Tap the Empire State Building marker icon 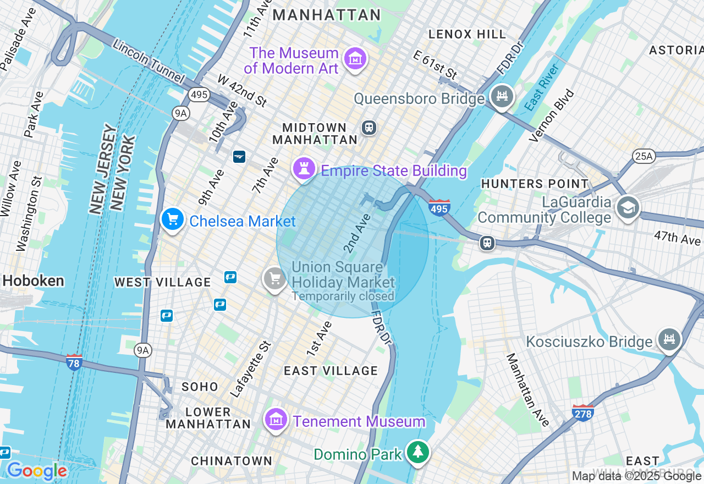(x=303, y=168)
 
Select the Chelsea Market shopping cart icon (x=173, y=219)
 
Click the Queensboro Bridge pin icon (x=502, y=97)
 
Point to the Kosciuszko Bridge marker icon (x=669, y=340)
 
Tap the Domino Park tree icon (x=418, y=452)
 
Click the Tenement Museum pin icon (x=276, y=420)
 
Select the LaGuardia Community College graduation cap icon (x=628, y=207)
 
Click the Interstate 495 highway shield (x=439, y=208)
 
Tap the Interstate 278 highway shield (x=583, y=413)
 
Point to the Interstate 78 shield (x=74, y=362)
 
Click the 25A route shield (x=643, y=156)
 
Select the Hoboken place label (x=33, y=281)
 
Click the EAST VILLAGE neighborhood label (x=331, y=371)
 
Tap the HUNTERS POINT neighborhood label (x=535, y=184)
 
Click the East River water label (x=542, y=87)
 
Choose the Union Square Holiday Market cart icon (x=274, y=278)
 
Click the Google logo (x=37, y=471)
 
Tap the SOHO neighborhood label (x=200, y=387)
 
